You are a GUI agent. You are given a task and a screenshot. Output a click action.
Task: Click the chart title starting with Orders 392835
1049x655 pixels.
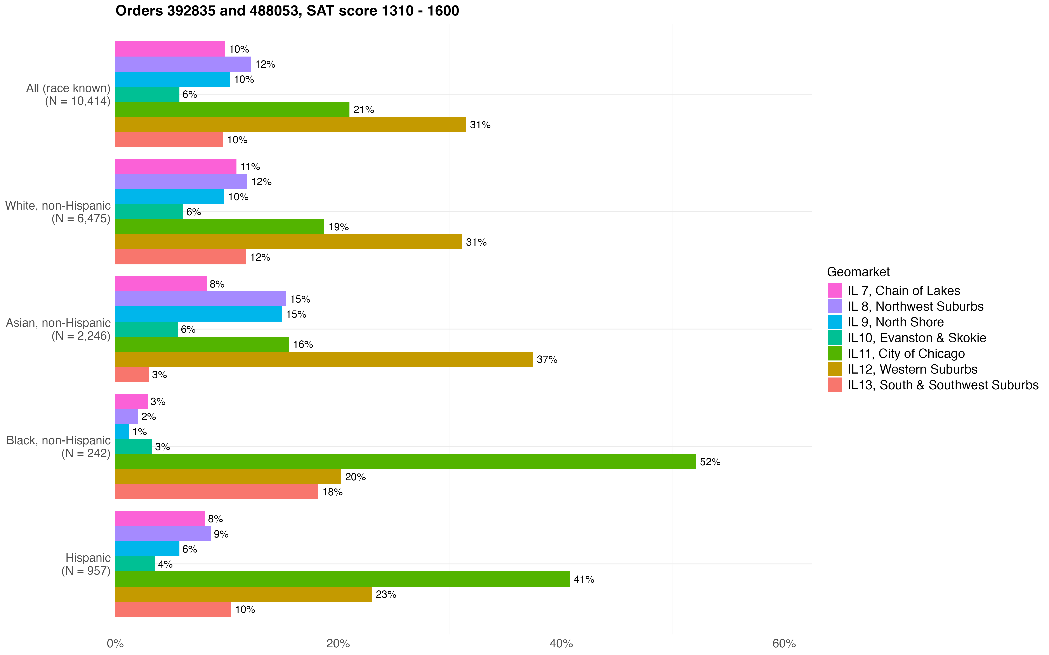(287, 11)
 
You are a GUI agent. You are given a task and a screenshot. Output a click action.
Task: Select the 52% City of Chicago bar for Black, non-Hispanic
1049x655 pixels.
(405, 462)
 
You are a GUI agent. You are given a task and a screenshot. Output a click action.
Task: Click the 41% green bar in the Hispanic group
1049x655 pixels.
(342, 579)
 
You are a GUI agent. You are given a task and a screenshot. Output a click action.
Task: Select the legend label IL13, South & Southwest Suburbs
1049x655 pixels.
(943, 385)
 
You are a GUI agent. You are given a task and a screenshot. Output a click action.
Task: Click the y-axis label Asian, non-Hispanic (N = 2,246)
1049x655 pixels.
(59, 329)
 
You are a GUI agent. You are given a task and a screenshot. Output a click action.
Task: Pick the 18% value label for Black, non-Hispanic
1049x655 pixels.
(332, 492)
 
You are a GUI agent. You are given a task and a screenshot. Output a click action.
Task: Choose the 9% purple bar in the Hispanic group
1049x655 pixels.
(163, 534)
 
